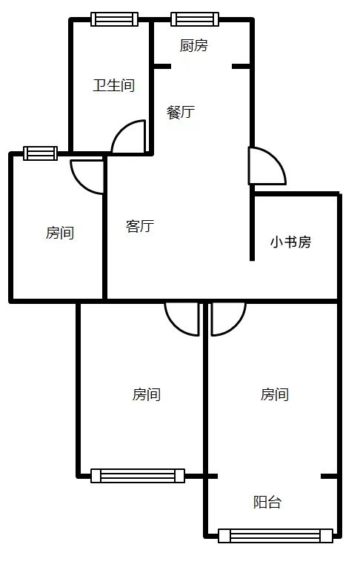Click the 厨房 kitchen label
click(193, 46)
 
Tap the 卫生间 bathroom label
click(113, 85)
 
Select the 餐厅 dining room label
click(181, 113)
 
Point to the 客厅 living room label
click(140, 226)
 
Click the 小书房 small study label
click(290, 242)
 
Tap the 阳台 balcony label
click(267, 502)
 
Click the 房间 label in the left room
click(60, 233)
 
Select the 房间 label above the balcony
click(275, 394)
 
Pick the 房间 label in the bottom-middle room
click(147, 394)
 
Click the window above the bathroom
click(114, 19)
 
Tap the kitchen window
click(195, 19)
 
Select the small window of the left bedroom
click(40, 153)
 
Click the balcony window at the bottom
click(276, 536)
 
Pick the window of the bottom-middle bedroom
click(138, 476)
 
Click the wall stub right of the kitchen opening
click(241, 66)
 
